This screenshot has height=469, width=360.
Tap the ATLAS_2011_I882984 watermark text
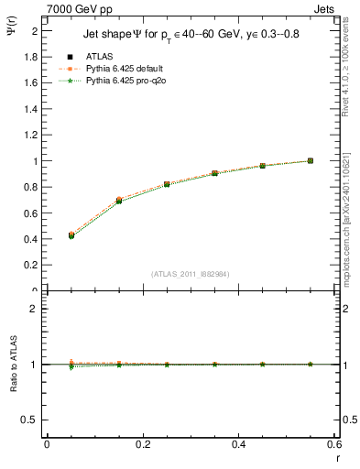pos(191,274)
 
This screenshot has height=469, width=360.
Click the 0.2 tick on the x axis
pos(142,446)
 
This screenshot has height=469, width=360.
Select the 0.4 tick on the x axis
pos(238,446)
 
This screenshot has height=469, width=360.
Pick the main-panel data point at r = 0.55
pos(311,160)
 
